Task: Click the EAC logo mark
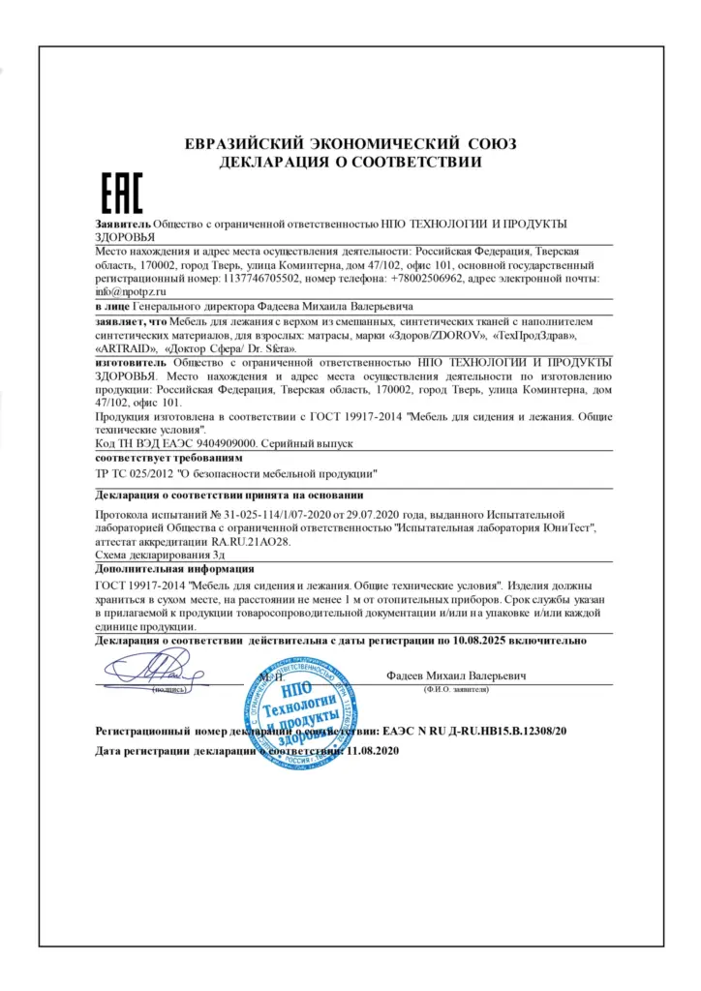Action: coord(121,194)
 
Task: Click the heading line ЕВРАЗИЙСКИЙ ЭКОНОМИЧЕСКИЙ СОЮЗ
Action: coord(350,144)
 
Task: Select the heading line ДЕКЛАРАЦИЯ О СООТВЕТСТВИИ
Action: coord(350,162)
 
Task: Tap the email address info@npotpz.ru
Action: coord(131,290)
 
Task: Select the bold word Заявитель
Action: coord(124,223)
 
